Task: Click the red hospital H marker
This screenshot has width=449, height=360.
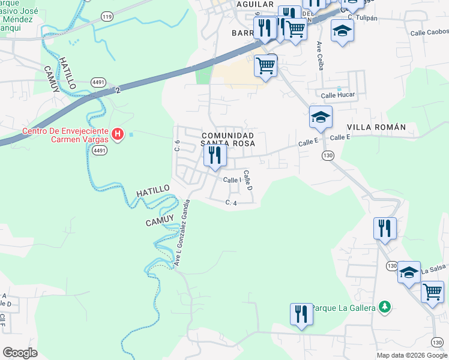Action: [118, 133]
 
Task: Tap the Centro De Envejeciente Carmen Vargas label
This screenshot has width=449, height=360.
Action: [65, 136]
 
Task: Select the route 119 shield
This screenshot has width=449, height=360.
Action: [107, 17]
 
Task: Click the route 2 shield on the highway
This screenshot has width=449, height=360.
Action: [118, 89]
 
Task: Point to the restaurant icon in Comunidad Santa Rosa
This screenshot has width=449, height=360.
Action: [214, 155]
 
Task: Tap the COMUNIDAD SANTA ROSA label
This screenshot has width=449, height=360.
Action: [228, 140]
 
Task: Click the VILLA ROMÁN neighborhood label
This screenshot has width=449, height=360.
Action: [376, 127]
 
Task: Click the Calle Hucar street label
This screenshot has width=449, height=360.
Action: [338, 95]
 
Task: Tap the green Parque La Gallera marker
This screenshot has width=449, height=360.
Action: [384, 308]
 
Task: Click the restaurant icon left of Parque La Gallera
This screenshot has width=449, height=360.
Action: [301, 314]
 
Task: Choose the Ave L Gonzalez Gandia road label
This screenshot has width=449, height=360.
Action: [182, 233]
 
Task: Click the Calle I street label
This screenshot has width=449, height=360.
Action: [232, 180]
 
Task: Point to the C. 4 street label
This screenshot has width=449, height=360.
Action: [232, 203]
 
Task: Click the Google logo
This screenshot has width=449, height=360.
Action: [20, 353]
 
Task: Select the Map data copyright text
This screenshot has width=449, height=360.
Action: [411, 355]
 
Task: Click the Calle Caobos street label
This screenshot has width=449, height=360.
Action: [429, 32]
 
